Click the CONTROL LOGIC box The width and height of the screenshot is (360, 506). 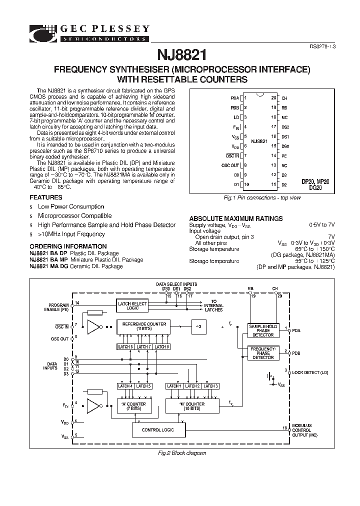[x=158, y=429]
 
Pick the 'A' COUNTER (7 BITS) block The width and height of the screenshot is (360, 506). [x=133, y=406]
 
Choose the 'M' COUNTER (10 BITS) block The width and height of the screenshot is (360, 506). [x=192, y=406]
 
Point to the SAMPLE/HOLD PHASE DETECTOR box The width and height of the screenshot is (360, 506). [x=262, y=330]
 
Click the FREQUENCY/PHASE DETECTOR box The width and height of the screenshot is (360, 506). [x=262, y=353]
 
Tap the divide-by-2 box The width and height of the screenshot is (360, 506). [x=198, y=326]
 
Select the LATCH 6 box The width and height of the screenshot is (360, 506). [x=125, y=346]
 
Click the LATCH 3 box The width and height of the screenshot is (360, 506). [x=210, y=386]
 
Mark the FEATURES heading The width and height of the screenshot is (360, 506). [x=46, y=197]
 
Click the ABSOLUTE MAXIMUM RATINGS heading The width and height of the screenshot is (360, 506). [x=235, y=218]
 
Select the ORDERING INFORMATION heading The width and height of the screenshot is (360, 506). [x=68, y=246]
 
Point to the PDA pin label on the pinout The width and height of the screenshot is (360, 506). [x=235, y=98]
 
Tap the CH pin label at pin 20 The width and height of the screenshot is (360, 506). [x=284, y=98]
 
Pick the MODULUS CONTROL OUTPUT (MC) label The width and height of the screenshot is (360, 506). [x=302, y=429]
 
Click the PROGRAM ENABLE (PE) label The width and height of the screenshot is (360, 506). [x=59, y=307]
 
